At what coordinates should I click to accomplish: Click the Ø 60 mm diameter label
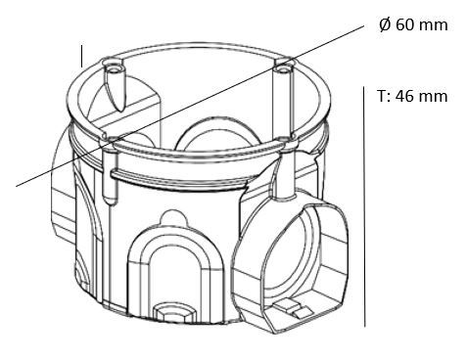411,25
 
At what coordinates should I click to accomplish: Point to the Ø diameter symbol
383,25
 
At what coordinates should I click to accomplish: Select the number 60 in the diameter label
405,25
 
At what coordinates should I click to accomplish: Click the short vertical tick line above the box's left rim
82,55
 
